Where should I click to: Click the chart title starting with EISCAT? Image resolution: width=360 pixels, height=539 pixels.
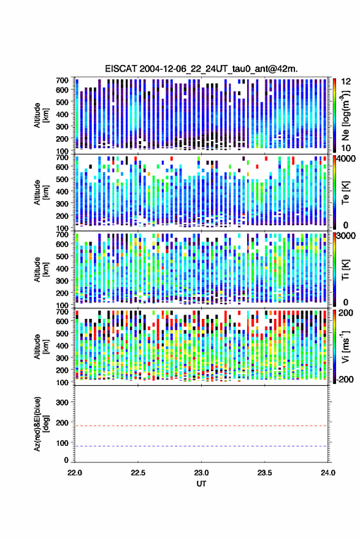pos(201,69)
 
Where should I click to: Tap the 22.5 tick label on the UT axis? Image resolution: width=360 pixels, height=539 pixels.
pos(138,473)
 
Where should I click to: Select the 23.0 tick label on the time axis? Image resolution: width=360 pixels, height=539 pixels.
pos(201,473)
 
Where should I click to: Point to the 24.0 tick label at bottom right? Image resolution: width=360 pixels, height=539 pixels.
pos(327,473)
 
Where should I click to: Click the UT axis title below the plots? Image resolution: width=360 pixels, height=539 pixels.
pos(201,484)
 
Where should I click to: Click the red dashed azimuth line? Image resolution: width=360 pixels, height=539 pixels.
pos(201,426)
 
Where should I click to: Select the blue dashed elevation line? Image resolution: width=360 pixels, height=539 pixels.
pos(201,446)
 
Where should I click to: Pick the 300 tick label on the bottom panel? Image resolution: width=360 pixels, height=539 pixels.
pos(62,402)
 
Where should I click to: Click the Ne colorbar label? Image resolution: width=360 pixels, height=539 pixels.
pos(345,115)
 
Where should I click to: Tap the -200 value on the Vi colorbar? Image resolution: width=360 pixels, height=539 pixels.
pos(345,379)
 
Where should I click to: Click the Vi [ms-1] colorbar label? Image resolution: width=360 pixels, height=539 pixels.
pos(345,347)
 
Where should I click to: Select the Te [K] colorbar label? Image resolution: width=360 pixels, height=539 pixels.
pos(345,193)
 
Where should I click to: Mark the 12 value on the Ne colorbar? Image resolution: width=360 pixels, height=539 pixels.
pos(347,82)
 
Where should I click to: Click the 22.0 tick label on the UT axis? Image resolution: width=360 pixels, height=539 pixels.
pos(75,473)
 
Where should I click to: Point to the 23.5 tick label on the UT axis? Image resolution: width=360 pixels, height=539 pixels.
pos(264,473)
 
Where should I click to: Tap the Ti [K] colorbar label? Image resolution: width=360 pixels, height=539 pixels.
pos(345,270)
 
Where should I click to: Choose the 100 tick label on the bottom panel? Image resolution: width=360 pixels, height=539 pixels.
pos(62,443)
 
